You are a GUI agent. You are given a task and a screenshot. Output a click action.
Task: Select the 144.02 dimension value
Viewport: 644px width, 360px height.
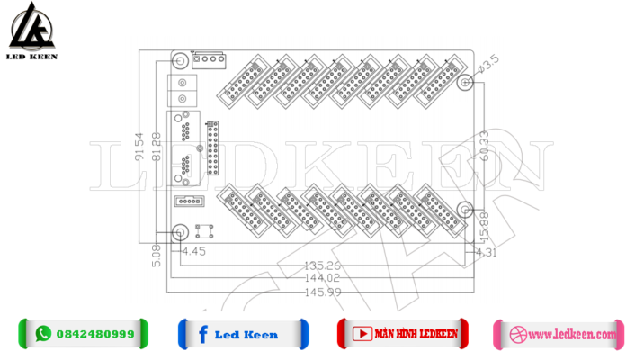coord(323,279)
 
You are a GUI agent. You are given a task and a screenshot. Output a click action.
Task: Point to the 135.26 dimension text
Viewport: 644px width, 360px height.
coord(323,265)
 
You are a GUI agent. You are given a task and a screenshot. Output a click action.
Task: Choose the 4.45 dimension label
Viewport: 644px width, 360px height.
coord(194,252)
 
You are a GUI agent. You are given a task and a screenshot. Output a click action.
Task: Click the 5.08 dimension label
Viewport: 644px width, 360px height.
coord(158,256)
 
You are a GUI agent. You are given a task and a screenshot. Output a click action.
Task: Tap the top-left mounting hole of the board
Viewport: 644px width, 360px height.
coord(180,62)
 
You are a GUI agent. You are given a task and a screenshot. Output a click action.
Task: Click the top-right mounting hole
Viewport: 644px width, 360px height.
coord(464,83)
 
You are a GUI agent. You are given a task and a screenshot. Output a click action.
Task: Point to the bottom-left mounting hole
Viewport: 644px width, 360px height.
coord(180,232)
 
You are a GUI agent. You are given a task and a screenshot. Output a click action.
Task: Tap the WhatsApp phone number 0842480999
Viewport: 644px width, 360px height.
coord(94,334)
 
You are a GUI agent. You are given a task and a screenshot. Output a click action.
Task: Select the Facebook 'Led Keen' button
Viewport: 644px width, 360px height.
coord(243,334)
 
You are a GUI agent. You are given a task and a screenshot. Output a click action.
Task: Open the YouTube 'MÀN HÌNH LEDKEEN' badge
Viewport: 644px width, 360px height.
coord(403,333)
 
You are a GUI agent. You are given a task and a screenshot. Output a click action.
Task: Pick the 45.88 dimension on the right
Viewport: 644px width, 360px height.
coord(485,225)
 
